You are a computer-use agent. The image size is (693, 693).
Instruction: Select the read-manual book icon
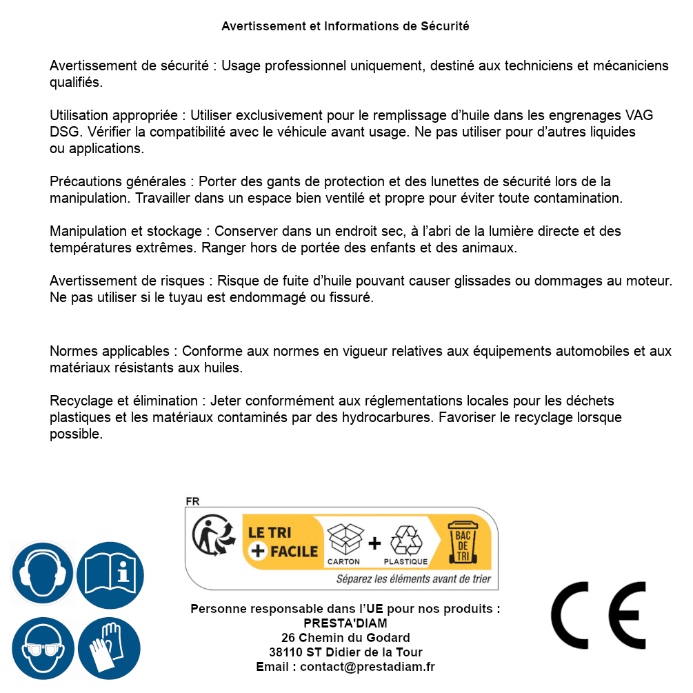click(x=110, y=574)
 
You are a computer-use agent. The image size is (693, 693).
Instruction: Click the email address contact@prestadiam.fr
click(x=368, y=667)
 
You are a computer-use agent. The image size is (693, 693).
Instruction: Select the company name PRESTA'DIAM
click(x=345, y=623)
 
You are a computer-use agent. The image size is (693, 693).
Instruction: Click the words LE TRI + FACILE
click(x=283, y=542)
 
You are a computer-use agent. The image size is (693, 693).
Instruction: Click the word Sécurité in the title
click(x=445, y=26)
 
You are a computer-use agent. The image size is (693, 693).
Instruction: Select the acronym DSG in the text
click(x=64, y=132)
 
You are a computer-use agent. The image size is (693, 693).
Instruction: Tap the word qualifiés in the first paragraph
click(x=75, y=83)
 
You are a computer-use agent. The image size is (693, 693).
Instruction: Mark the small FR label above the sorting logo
click(x=192, y=501)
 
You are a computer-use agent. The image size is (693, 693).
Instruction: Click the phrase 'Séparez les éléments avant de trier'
click(x=413, y=579)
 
